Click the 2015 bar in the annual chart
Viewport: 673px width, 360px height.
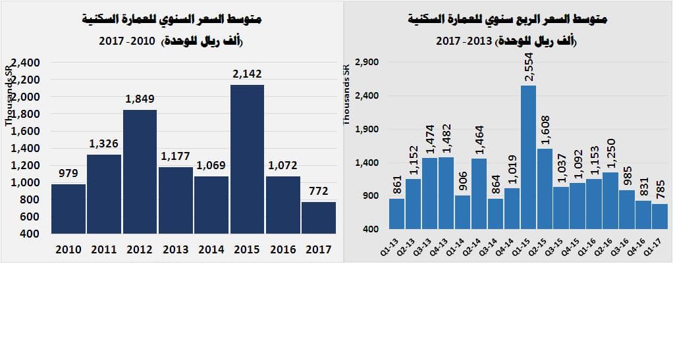pos(247,159)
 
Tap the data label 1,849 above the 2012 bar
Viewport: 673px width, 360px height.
pos(140,99)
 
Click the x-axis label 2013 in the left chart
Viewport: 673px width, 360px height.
pos(175,249)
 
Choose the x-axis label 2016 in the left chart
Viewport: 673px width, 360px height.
pos(283,249)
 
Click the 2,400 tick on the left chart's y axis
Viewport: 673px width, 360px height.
pos(26,63)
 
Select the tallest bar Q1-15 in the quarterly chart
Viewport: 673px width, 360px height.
pos(528,159)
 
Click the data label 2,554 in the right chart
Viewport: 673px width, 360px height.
pos(529,68)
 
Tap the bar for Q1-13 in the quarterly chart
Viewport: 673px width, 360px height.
pos(396,214)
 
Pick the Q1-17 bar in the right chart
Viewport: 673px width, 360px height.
pos(659,217)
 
